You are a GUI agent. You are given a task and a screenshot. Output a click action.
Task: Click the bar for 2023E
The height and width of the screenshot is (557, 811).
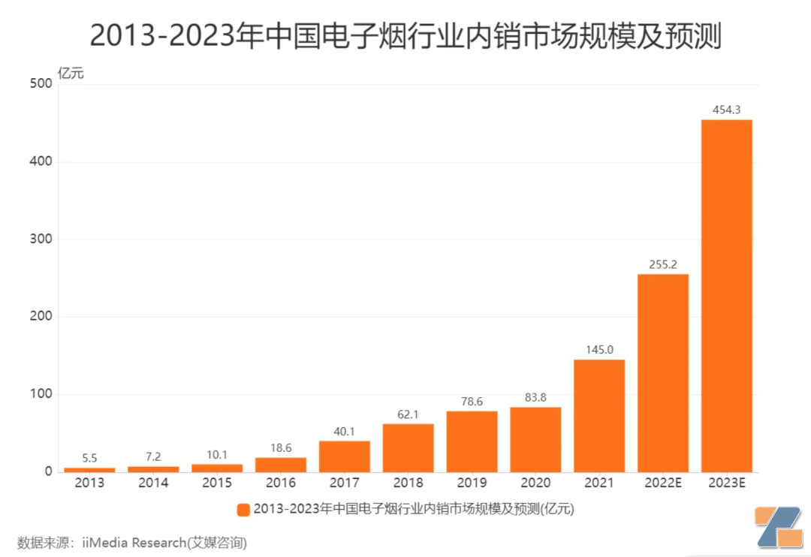727,296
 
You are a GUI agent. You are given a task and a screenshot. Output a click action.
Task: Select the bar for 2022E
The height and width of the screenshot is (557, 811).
663,373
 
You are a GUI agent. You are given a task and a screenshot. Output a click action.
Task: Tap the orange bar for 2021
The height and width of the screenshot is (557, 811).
599,416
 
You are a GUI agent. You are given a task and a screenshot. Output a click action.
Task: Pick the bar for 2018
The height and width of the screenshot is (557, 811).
408,448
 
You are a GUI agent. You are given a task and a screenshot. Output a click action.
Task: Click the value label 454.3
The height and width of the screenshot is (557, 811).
727,110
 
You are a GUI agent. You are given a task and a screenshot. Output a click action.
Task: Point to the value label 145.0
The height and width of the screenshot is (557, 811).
599,349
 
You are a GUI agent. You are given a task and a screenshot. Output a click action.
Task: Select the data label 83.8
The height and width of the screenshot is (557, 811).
535,397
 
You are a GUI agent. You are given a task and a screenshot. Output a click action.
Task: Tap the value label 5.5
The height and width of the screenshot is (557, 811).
89,458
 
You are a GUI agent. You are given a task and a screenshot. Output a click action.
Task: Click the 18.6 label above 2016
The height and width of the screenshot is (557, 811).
280,447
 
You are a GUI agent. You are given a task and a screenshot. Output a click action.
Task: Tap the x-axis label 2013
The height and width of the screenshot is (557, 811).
89,483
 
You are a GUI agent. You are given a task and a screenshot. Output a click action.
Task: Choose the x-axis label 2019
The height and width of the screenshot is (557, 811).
472,483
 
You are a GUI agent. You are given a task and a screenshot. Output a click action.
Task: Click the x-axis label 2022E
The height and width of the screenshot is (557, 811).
663,483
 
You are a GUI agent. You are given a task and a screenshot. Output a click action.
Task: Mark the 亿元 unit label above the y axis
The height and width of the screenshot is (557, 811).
71,74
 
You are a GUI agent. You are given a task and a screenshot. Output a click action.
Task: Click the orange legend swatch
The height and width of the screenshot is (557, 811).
243,510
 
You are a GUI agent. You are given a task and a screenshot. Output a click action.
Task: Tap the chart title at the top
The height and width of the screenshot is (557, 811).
405,35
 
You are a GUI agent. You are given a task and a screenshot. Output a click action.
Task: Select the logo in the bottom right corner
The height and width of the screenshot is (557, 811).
778,527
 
